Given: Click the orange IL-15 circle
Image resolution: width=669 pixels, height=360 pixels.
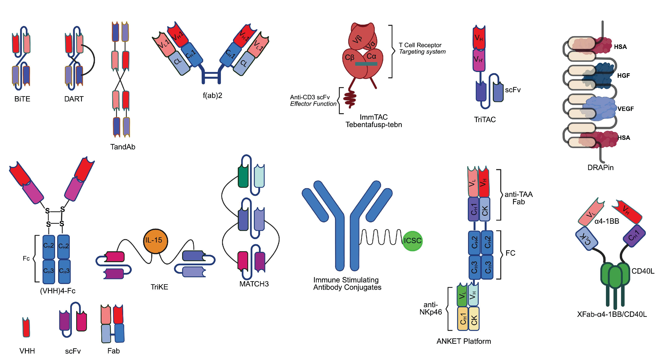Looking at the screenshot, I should [x=155, y=241].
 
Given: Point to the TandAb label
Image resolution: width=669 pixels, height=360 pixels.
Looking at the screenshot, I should [x=123, y=147].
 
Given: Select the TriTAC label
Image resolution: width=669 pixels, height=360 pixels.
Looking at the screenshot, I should [x=485, y=120].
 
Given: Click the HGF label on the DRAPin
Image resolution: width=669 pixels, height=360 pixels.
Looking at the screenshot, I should [x=623, y=76].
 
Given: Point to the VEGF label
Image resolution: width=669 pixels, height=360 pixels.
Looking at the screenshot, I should [x=625, y=109].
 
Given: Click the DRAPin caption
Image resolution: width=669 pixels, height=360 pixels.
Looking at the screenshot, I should [x=600, y=168].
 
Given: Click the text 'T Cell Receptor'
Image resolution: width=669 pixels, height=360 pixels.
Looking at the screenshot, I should [x=420, y=45].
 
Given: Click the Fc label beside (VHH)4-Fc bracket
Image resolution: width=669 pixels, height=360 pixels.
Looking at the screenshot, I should [x=26, y=259].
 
